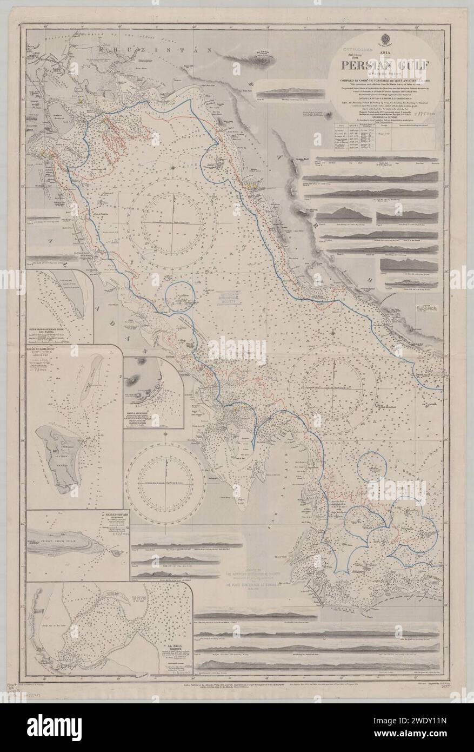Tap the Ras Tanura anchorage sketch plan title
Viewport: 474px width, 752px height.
tap(59, 329)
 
